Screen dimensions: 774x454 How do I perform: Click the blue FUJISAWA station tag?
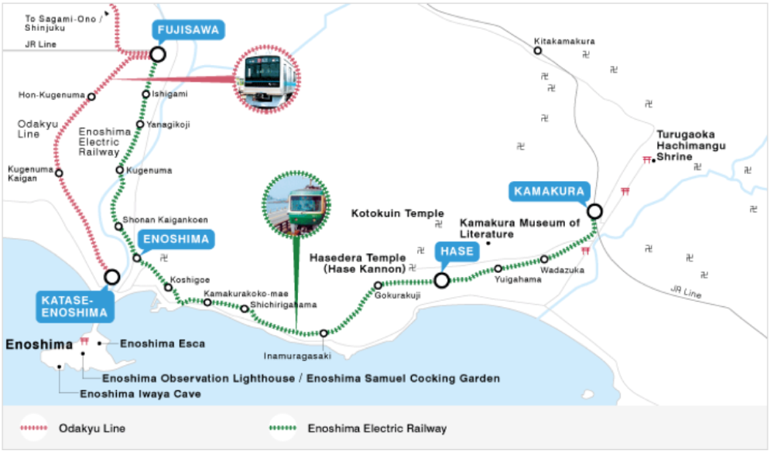188,29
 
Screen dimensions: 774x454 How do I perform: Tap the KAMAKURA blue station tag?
549,191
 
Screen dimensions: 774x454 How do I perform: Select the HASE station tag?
457,251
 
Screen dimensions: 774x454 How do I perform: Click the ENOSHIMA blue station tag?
176,239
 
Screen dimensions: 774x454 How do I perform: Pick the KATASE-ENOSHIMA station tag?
74,306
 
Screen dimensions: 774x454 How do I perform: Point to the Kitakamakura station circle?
538,51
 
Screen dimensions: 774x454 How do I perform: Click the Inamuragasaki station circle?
324,333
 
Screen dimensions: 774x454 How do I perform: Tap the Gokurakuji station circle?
378,285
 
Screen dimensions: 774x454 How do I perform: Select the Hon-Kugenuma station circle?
91,97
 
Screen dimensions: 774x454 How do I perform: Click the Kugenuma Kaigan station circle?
59,172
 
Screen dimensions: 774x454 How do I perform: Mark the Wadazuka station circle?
544,259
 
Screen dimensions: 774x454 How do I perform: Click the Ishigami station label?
170,94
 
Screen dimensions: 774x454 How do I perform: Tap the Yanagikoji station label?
168,125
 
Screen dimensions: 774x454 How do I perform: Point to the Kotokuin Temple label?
397,213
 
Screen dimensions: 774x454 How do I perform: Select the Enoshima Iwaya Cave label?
140,394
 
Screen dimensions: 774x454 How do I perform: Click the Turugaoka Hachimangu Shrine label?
691,145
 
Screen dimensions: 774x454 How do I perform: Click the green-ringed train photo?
296,205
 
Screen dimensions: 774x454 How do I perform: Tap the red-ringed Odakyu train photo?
266,80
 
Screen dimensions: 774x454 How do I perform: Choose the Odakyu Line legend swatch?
34,428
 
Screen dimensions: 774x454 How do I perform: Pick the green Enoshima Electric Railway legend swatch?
283,428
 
